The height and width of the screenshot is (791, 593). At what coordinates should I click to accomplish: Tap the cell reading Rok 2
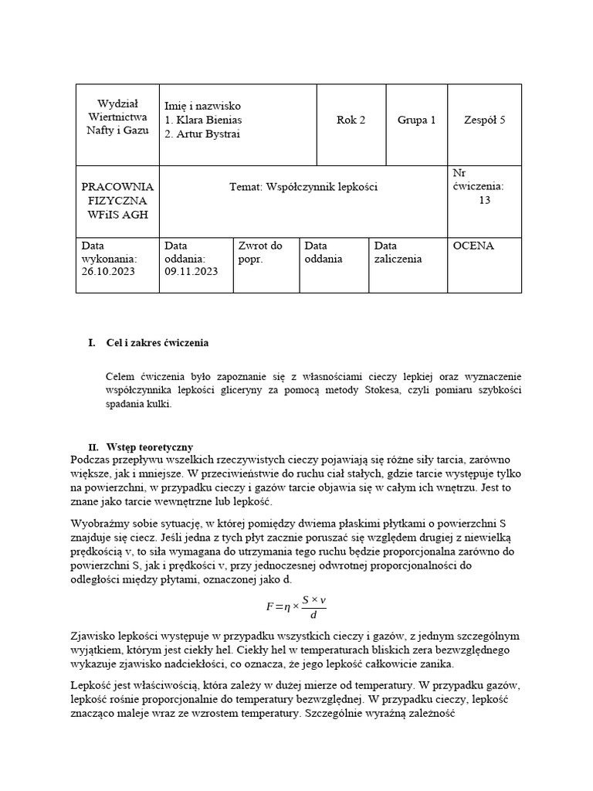click(351, 120)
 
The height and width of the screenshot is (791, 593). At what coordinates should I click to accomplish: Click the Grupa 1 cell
click(416, 120)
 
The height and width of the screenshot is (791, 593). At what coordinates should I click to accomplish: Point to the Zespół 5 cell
click(484, 120)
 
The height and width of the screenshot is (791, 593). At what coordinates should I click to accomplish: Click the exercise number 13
click(484, 200)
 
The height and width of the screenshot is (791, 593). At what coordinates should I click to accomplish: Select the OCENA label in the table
click(473, 246)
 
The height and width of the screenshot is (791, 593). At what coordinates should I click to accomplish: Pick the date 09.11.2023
click(191, 272)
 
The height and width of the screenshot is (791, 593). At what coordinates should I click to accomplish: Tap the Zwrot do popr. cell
click(260, 253)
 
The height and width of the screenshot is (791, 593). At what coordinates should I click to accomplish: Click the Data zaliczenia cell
click(398, 253)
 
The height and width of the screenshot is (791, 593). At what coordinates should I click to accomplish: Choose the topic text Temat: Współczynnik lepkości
click(303, 187)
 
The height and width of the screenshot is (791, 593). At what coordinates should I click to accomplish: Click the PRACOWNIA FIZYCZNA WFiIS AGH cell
click(117, 201)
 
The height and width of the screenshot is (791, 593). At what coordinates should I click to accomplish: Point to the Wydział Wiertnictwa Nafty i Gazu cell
click(117, 117)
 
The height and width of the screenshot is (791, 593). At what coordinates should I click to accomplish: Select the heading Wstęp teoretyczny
click(149, 447)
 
